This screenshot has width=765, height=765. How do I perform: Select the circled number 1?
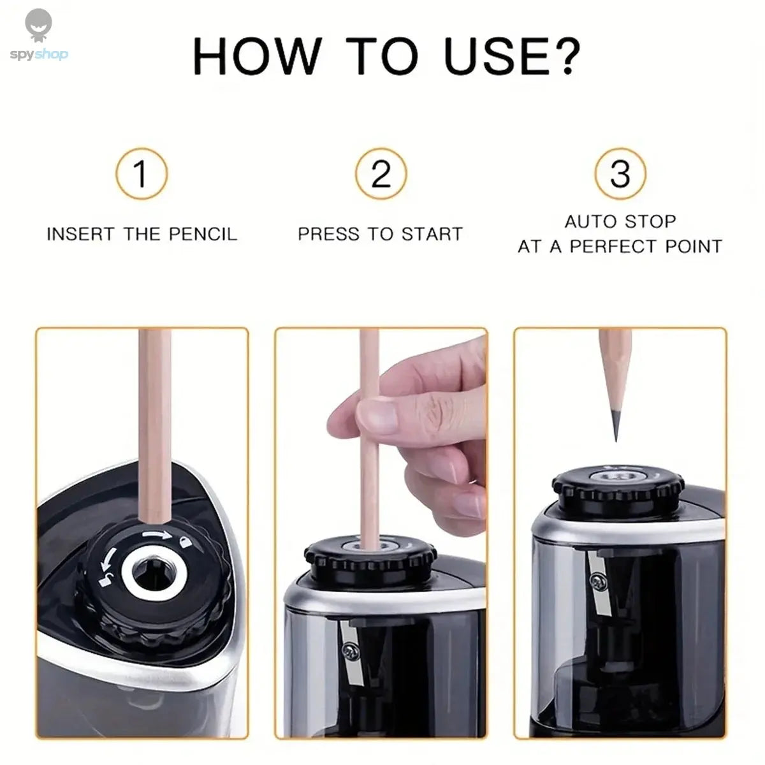142,173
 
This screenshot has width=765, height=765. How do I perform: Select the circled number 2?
381,173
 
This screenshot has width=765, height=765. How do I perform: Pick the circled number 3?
620,173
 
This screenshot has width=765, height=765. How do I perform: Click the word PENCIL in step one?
203,234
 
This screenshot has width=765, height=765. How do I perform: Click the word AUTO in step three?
586,222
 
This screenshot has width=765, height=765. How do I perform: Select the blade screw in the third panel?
597,581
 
